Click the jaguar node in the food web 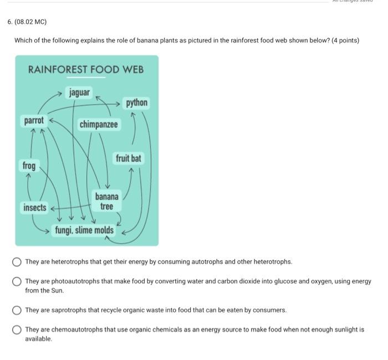pos(79,92)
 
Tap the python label pos(136,103)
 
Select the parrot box pos(34,120)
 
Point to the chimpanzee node pos(99,125)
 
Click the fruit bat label pos(128,159)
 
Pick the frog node pos(29,166)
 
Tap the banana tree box pos(106,202)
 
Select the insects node pos(35,208)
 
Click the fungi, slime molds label pos(84,230)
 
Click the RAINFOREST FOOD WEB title pos(86,69)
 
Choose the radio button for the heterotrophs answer pos(17,262)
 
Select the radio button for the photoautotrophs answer pos(17,282)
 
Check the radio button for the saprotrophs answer pos(17,310)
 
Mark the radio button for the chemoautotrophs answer pos(17,330)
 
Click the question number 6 pos(9,22)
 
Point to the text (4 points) pos(345,40)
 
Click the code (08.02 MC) pos(31,22)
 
